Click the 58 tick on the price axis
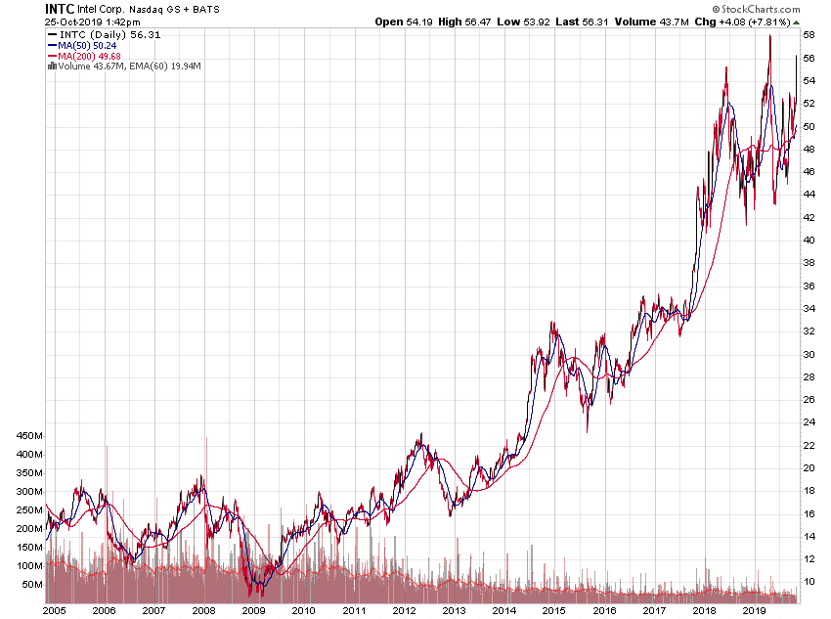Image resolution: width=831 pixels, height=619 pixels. [x=809, y=34]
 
